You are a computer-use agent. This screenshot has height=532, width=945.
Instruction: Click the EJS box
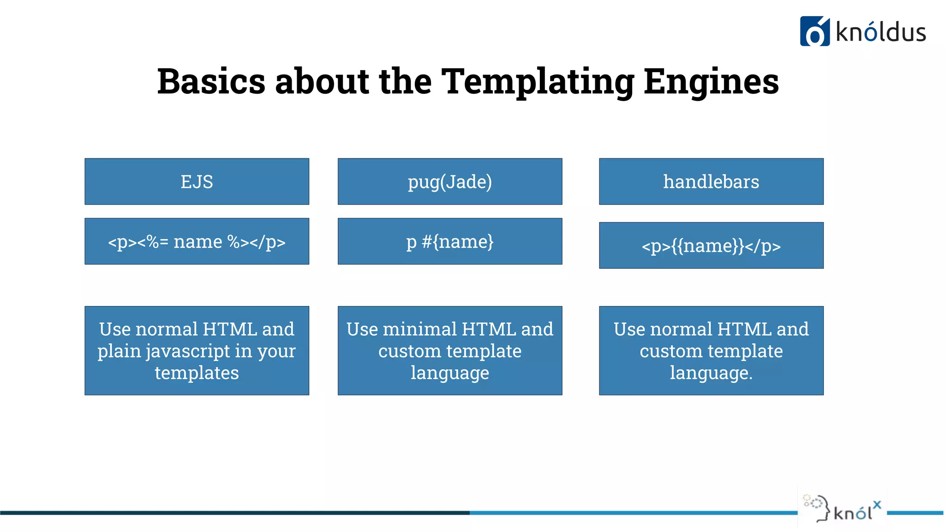tap(197, 181)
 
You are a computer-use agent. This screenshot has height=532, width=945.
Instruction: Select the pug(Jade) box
tap(449, 181)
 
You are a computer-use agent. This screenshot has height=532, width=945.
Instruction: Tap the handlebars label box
tap(711, 181)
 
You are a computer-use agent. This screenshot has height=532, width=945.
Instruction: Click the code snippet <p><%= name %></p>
tap(197, 242)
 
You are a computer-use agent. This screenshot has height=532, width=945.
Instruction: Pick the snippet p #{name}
tap(449, 242)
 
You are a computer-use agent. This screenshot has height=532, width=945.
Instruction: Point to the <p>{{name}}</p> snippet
tap(711, 246)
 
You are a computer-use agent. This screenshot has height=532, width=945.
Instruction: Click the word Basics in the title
tap(211, 82)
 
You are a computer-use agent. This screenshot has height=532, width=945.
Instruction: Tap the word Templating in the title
tap(537, 82)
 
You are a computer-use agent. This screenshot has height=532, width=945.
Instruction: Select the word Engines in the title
tap(711, 82)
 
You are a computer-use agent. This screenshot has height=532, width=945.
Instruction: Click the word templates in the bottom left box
tap(197, 373)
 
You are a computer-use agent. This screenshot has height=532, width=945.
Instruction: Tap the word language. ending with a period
tap(711, 373)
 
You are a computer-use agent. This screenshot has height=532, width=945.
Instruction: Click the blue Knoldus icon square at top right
tap(814, 31)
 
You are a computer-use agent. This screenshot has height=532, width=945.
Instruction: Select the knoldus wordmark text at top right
tap(880, 32)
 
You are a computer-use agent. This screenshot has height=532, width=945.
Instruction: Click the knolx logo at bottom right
tap(843, 508)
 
